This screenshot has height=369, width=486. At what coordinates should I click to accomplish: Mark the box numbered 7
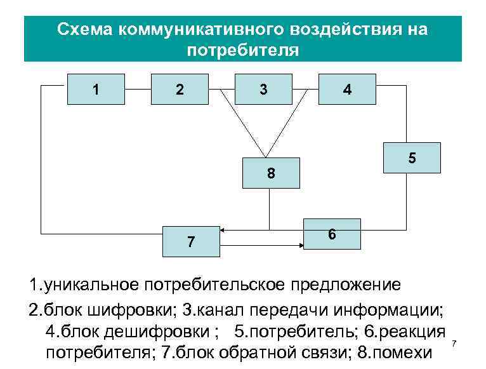tap(191, 241)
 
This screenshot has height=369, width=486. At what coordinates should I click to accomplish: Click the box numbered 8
tap(270, 173)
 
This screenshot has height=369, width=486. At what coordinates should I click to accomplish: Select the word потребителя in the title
tap(242, 50)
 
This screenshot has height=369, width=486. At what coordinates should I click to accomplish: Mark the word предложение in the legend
tap(345, 283)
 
